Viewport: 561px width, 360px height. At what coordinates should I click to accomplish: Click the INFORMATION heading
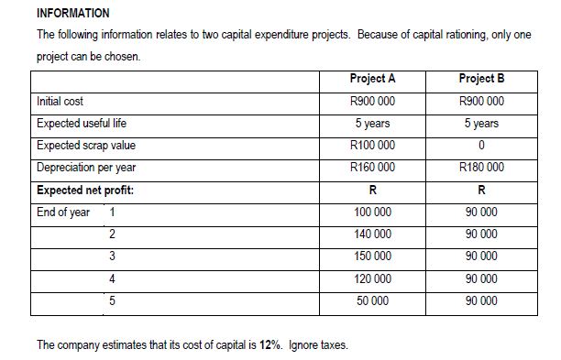[72, 13]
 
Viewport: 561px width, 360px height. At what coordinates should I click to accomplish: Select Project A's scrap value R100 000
[372, 145]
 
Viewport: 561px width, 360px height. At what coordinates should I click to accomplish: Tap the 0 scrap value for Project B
[481, 145]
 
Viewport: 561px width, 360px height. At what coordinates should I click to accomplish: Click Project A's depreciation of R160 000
[372, 167]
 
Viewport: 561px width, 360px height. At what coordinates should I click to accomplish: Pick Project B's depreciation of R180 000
[481, 167]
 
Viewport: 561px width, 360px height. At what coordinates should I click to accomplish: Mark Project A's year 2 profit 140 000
[372, 234]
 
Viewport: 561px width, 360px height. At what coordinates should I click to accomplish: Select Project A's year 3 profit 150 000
[372, 256]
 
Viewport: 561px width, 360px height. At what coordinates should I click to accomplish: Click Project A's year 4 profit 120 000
[372, 278]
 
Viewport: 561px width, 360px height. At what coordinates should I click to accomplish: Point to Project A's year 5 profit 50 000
[372, 300]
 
